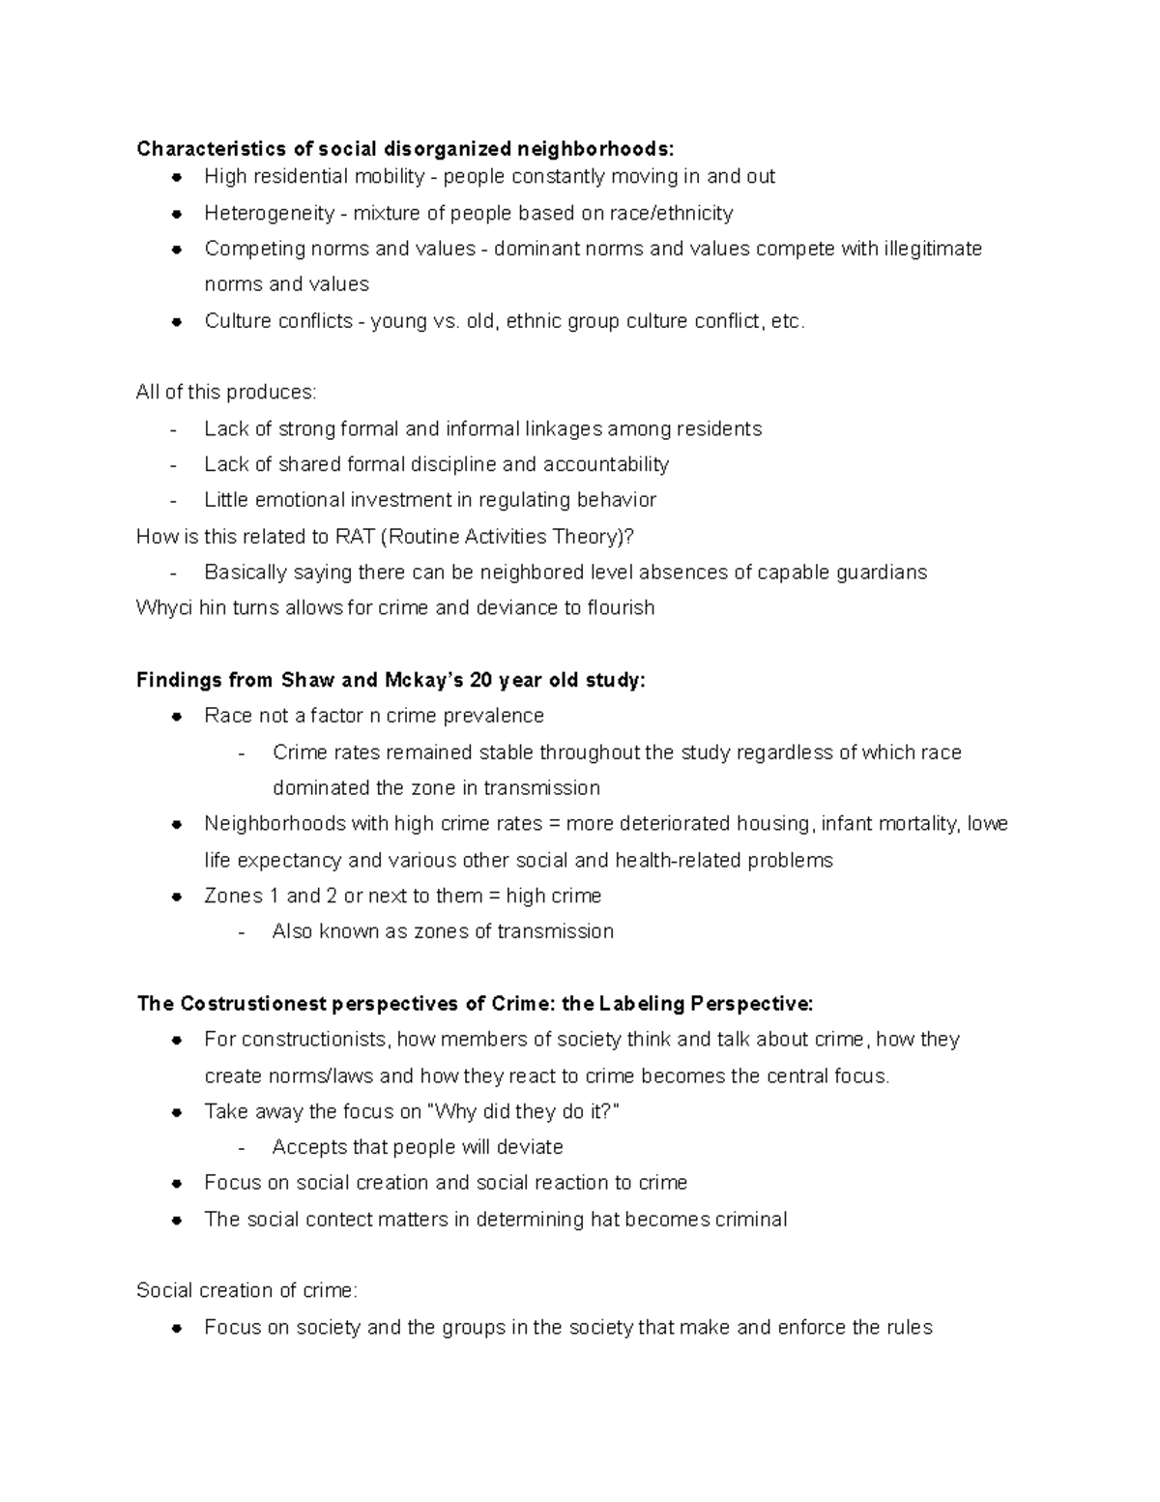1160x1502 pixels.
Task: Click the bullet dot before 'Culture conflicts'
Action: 177,321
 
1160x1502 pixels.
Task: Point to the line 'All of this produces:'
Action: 226,393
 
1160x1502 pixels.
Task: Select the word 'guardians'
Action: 884,573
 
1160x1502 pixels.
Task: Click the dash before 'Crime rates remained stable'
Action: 241,753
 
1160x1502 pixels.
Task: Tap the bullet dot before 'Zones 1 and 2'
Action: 177,897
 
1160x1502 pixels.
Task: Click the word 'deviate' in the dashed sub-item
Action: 530,1147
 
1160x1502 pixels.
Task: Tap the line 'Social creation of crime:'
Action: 247,1291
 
